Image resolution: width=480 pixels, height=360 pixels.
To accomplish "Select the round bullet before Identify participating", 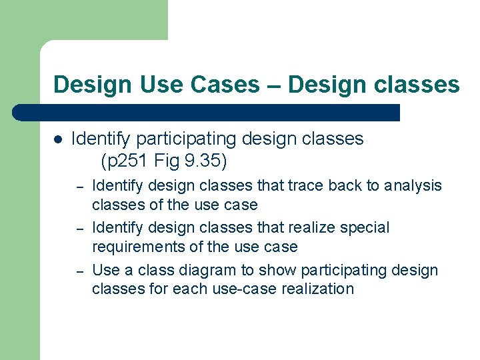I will pos(58,139).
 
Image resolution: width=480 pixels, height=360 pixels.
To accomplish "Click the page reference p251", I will pos(128,161).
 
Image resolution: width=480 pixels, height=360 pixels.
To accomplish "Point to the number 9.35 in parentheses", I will pos(203,161).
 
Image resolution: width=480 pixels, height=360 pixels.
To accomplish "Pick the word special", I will pos(364,228).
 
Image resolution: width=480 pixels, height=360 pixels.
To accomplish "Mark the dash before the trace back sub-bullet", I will pos(79,186).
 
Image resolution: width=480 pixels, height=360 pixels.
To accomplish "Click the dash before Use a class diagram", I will pos(79,271).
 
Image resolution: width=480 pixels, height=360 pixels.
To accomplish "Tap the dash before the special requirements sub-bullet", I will pos(79,229).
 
